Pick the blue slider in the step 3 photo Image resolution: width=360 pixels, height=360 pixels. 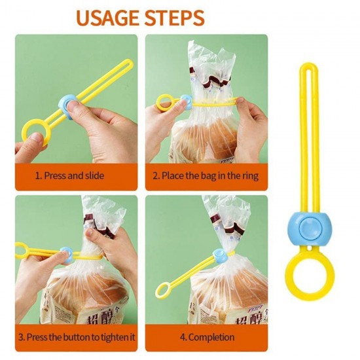(x=67, y=252)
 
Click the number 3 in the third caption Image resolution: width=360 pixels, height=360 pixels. (x=22, y=337)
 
